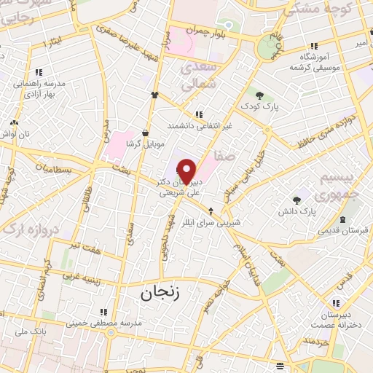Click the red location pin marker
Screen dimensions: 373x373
click(x=187, y=170)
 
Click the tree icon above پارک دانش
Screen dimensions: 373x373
click(x=297, y=199)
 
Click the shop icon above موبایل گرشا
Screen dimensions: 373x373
click(x=146, y=133)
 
